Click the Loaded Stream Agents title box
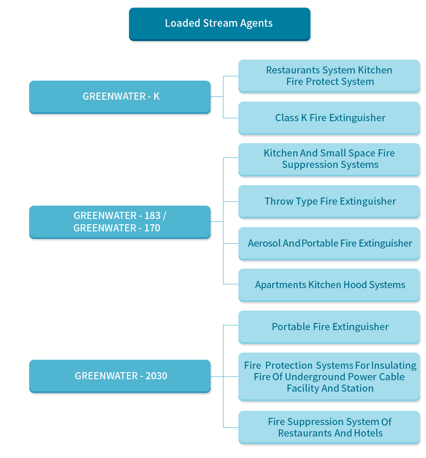coord(220,24)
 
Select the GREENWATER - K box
coord(120,97)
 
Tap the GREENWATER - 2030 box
coord(120,376)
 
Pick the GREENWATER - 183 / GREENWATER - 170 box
coord(120,222)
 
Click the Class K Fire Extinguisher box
coord(329,118)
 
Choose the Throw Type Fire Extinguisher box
coord(329,202)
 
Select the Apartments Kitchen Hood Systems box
coord(329,285)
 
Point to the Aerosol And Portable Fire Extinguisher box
coord(329,244)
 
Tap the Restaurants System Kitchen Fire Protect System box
coord(329,76)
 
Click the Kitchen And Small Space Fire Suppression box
coord(329,160)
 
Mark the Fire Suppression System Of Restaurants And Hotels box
coord(329,427)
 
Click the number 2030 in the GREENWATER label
coord(157,376)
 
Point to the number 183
coord(152,216)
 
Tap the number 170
coord(152,228)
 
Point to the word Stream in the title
coord(220,23)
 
